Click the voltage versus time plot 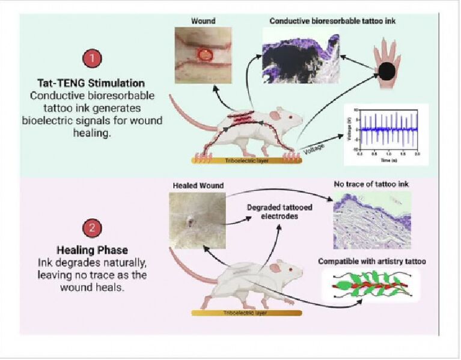point(385,133)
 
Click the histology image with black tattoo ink point(301,57)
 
